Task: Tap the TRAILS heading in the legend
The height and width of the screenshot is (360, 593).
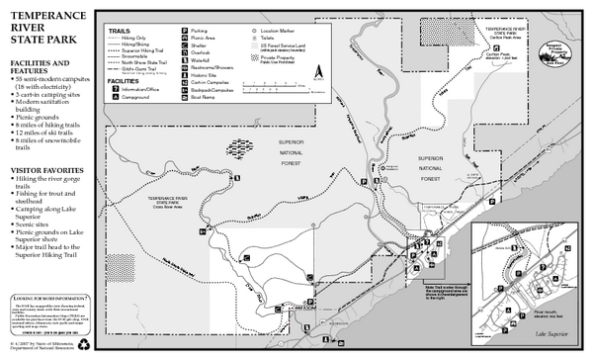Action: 119,31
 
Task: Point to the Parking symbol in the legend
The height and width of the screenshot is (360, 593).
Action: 185,32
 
